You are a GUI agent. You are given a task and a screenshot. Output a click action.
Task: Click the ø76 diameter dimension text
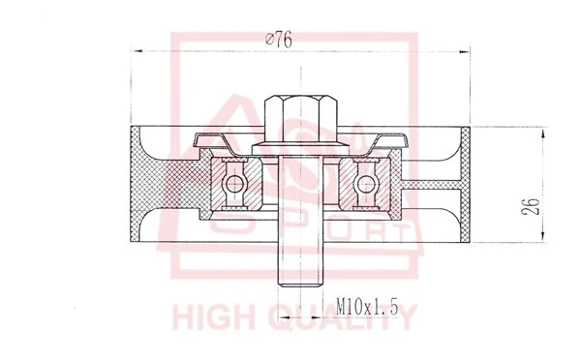pyautogui.click(x=279, y=40)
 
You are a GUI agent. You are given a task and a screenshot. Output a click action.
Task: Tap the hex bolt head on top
pyautogui.click(x=297, y=114)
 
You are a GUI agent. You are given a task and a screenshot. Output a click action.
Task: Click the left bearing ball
pyautogui.click(x=232, y=181)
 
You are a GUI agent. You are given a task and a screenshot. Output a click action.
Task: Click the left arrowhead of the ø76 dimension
pyautogui.click(x=136, y=49)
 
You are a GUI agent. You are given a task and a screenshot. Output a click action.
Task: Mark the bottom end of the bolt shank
pyautogui.click(x=297, y=284)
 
